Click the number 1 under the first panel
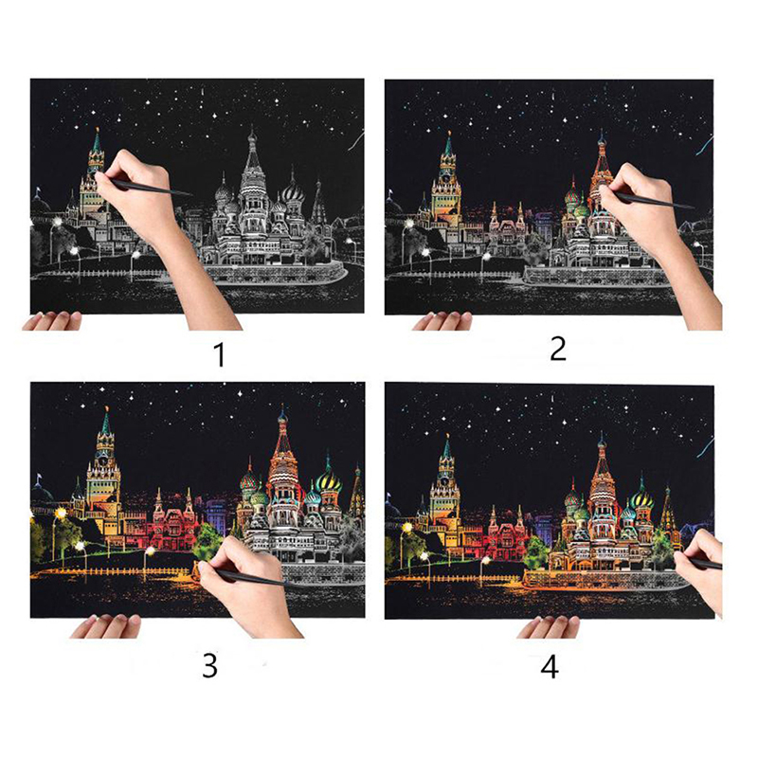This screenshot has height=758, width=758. pos(220,354)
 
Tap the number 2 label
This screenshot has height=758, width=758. pos(557,349)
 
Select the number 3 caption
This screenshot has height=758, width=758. pos(209,665)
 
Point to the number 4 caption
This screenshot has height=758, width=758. pos(550,666)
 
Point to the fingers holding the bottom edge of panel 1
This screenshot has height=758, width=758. pos(52,321)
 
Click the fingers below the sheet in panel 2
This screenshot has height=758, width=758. pos(442,321)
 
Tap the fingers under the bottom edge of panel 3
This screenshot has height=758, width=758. pos(105,626)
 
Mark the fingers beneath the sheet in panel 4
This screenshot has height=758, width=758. pos(548,627)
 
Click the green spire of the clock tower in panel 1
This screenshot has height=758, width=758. pos(97,140)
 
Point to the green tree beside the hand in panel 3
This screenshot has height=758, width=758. pos(208,539)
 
